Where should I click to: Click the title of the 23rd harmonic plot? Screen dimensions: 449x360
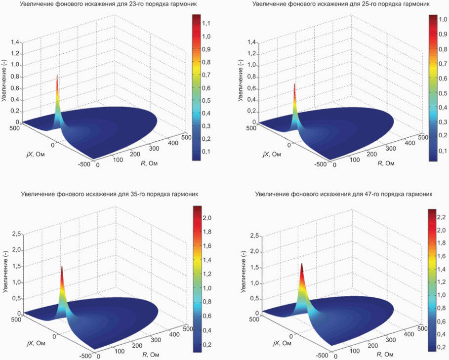[x=109, y=4]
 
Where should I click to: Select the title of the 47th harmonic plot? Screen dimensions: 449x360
[x=344, y=194]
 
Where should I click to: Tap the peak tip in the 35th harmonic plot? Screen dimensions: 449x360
[x=62, y=267]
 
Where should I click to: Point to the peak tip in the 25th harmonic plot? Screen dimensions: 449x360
[x=294, y=84]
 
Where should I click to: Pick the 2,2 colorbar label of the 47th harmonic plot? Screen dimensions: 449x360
[x=441, y=217]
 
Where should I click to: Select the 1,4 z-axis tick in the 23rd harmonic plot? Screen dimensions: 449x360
[x=15, y=42]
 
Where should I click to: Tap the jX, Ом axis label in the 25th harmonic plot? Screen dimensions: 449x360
[x=272, y=155]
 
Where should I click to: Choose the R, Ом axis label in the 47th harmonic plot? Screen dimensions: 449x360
[x=385, y=355]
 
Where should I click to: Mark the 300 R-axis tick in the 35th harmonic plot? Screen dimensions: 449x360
[x=156, y=340]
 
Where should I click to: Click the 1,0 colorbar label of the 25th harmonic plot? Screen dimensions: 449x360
[x=443, y=19]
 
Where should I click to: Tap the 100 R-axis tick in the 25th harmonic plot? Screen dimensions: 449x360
[x=355, y=160]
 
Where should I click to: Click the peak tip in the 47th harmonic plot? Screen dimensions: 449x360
[x=301, y=264]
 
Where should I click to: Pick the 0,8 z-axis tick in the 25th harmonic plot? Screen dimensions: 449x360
[x=252, y=77]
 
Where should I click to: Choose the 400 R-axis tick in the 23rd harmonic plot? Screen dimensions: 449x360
[x=173, y=142]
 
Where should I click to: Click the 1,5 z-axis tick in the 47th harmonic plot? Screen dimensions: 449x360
[x=255, y=268]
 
